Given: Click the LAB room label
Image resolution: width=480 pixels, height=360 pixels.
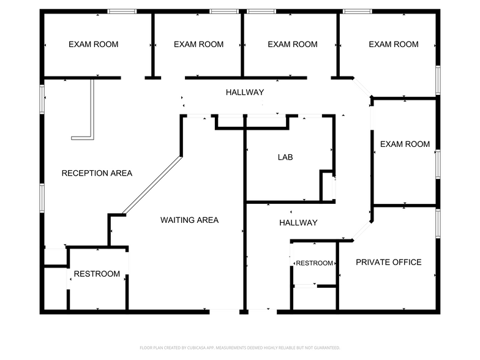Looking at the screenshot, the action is click(x=285, y=157).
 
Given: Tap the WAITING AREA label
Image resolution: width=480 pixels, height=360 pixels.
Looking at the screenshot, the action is click(x=190, y=220).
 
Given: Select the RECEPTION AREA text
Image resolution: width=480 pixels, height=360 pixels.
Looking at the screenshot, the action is click(x=97, y=173).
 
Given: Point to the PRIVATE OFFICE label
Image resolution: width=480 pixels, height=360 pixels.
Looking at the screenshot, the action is click(x=388, y=262).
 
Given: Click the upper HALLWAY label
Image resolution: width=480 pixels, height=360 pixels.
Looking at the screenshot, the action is click(x=245, y=92).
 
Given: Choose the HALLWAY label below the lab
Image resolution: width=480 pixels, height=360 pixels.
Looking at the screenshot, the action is click(x=298, y=223).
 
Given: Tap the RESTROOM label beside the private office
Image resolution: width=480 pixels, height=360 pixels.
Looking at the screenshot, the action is click(x=315, y=263).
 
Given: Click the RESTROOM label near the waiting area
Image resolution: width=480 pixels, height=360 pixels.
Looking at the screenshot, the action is click(x=97, y=274).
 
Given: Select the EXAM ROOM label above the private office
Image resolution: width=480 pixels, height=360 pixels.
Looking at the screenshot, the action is click(x=405, y=144).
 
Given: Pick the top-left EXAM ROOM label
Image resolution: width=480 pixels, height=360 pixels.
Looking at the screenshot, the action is click(x=93, y=44).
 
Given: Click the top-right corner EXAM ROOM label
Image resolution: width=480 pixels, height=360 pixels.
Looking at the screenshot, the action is click(x=394, y=44).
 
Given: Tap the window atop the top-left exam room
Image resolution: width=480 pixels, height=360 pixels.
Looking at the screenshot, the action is click(x=122, y=11).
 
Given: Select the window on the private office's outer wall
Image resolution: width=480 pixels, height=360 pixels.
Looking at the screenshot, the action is click(x=438, y=223).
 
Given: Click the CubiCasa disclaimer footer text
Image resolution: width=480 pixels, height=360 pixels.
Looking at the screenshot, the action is click(x=240, y=348).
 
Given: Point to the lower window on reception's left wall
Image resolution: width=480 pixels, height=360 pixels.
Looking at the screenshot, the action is click(x=42, y=198).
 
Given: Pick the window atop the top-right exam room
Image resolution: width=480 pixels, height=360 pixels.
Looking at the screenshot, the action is click(x=358, y=11).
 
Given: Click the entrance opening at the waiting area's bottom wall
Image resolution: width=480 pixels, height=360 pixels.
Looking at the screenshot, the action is click(x=224, y=312).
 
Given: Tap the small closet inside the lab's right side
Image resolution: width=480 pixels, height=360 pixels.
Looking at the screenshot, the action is click(x=328, y=186).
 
